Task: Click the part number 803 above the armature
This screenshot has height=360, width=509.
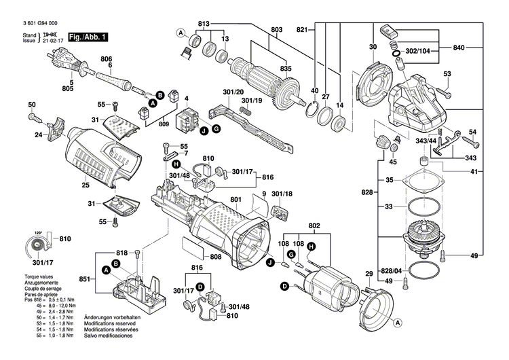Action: click(276, 29)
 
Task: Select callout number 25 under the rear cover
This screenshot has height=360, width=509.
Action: click(85, 185)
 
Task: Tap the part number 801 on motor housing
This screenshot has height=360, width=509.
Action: click(235, 199)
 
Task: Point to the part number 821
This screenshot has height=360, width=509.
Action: click(302, 29)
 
